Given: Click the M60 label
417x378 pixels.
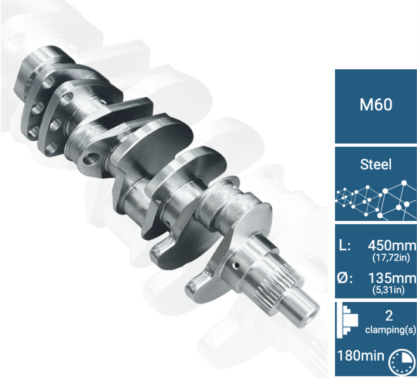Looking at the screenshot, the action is [x=376, y=104].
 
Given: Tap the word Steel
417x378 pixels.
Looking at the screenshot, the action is [x=376, y=164].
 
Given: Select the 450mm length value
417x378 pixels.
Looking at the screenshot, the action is [x=392, y=246].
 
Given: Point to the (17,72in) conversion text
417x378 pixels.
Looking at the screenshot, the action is [x=391, y=258].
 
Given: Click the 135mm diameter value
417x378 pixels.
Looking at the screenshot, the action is [x=392, y=278].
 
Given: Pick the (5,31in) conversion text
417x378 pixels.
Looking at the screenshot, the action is [x=388, y=290].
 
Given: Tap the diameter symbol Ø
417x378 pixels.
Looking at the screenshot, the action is [x=344, y=278].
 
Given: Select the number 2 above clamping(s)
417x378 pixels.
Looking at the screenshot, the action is [x=389, y=316].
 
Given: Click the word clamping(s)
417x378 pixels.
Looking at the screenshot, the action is [x=390, y=330].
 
